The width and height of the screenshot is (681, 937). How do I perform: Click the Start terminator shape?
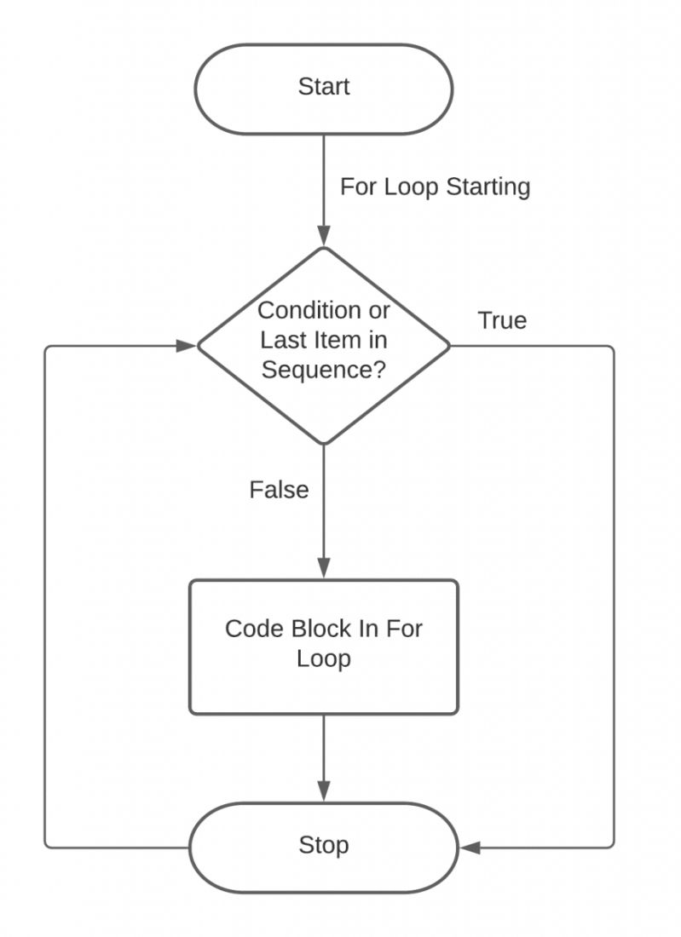[323, 89]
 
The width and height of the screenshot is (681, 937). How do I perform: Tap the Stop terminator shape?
[323, 847]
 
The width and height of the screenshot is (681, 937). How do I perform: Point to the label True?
[502, 321]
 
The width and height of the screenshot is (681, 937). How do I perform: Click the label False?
[279, 490]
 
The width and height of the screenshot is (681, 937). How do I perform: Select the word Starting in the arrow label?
[488, 187]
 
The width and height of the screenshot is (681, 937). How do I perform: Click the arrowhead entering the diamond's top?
[324, 237]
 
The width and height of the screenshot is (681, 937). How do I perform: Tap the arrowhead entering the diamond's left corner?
[187, 346]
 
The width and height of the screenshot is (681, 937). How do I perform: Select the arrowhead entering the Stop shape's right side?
[470, 848]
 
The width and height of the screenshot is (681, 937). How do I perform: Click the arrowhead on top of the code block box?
[324, 569]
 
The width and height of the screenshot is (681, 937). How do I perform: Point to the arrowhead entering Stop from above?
[324, 791]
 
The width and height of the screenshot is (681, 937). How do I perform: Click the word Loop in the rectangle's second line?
[323, 659]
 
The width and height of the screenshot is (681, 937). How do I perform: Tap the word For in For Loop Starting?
[354, 187]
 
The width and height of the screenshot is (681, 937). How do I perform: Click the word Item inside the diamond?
[333, 340]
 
